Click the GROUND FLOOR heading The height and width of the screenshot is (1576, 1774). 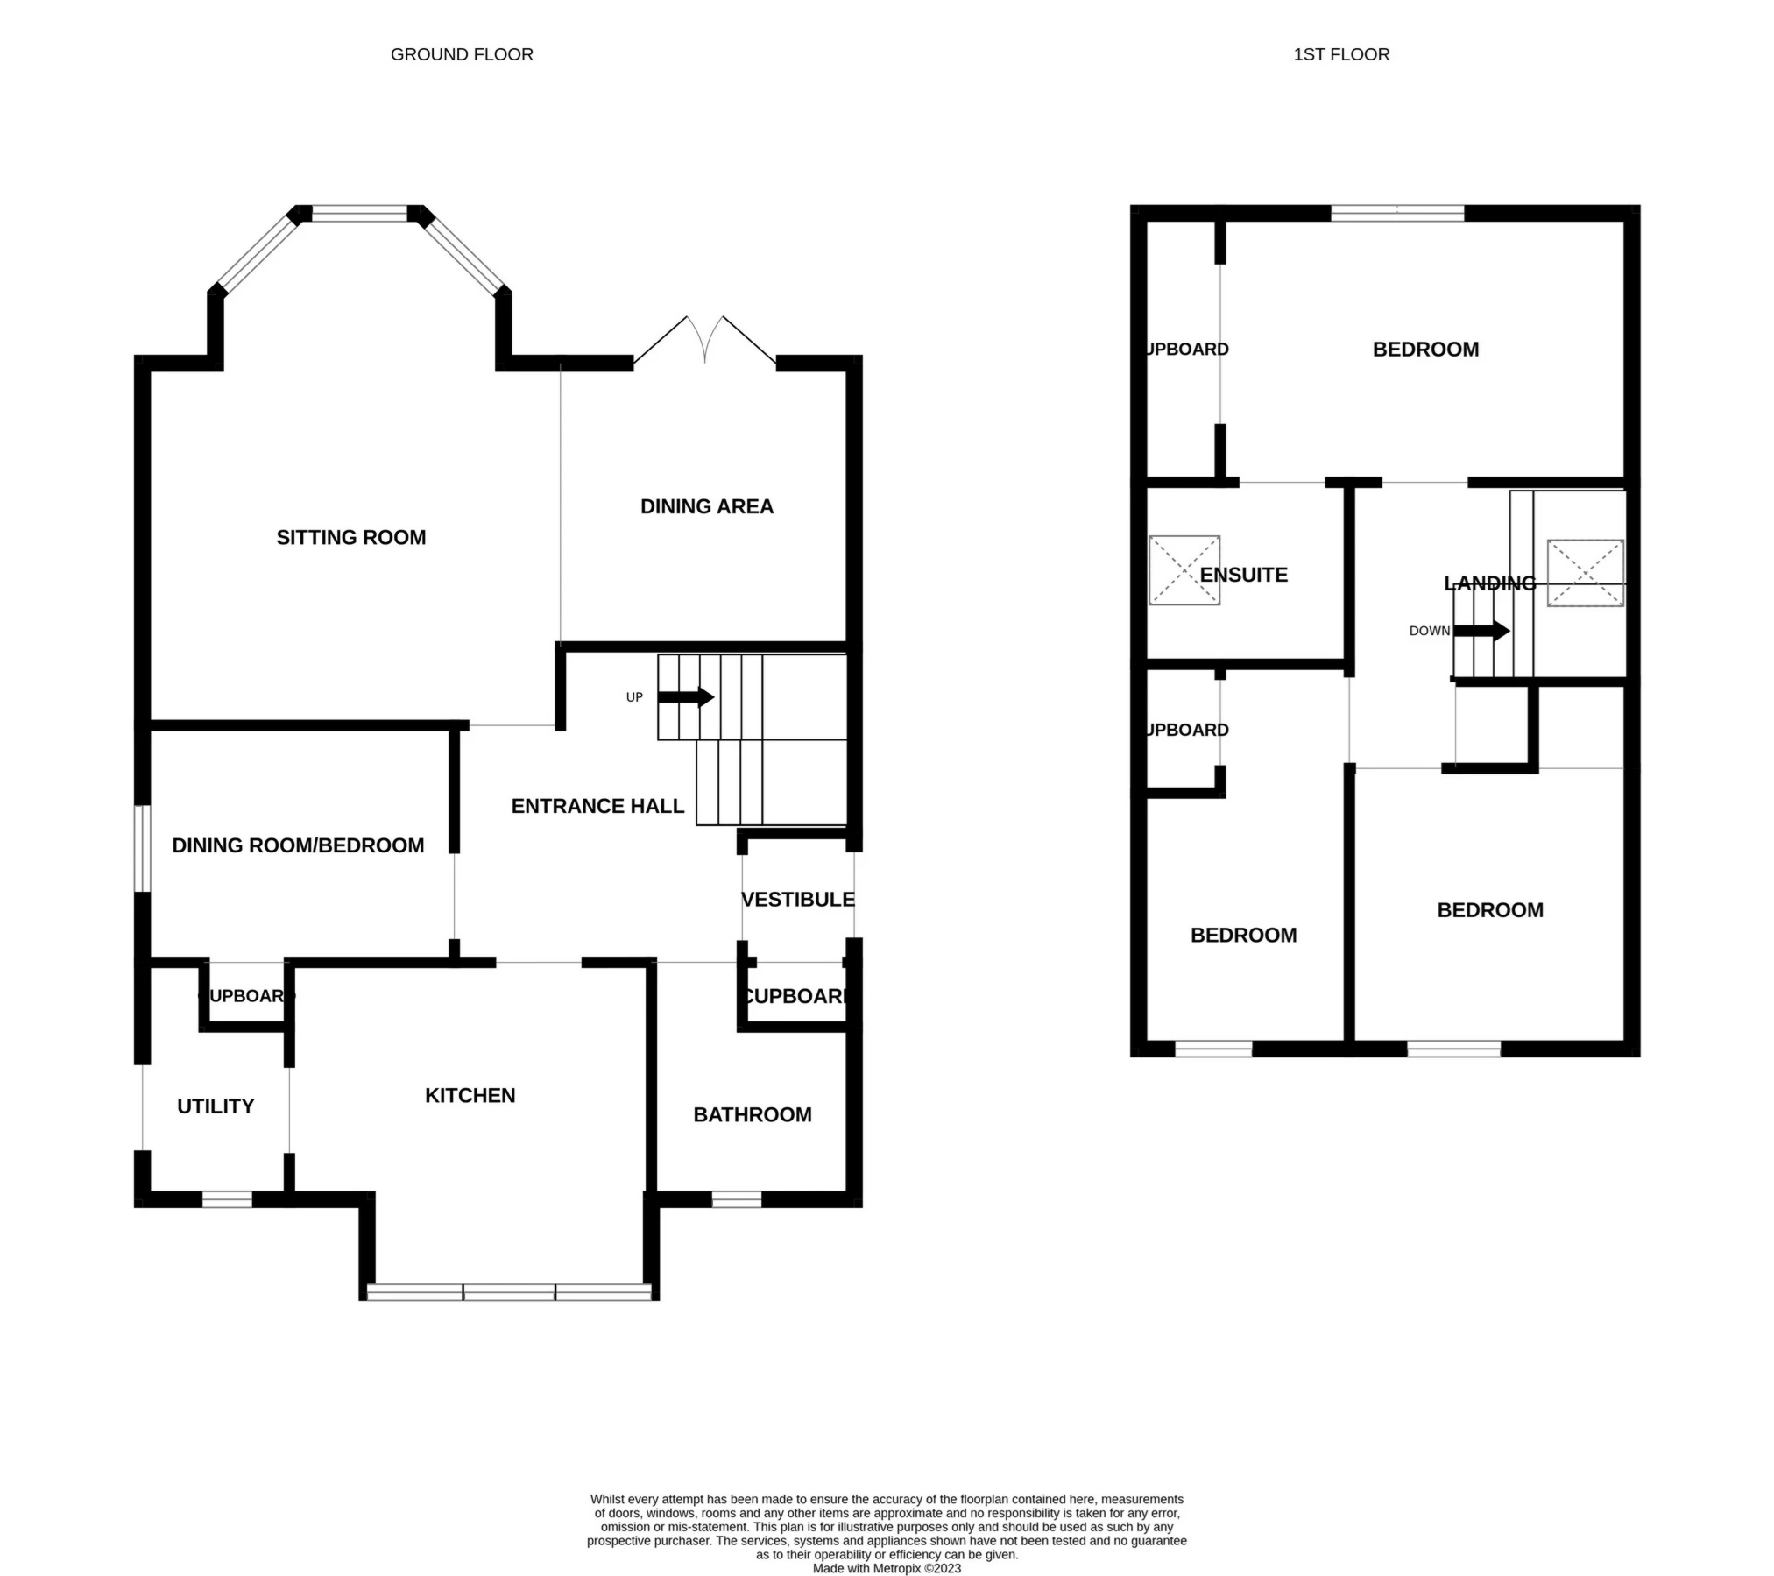[x=462, y=54]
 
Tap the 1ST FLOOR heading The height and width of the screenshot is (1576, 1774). [x=1340, y=54]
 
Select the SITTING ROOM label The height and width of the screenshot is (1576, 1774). [x=351, y=537]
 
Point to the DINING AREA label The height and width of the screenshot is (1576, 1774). [x=706, y=506]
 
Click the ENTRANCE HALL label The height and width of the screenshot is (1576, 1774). [x=597, y=806]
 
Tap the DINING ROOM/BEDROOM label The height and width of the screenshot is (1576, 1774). [x=298, y=845]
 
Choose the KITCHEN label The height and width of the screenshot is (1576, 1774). [x=470, y=1095]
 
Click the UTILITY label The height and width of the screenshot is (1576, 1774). [x=216, y=1106]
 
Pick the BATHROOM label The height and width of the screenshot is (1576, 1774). [x=752, y=1114]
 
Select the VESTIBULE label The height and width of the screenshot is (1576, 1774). [x=797, y=900]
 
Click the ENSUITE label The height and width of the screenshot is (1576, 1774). [x=1243, y=575]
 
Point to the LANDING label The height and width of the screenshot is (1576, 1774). [x=1489, y=583]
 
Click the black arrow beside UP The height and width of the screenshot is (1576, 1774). [x=686, y=697]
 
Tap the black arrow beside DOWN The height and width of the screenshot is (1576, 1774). [x=1481, y=631]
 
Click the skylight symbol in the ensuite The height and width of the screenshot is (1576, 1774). [x=1184, y=570]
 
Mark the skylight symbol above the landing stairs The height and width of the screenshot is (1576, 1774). [x=1585, y=573]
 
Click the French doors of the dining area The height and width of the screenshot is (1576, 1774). [x=704, y=342]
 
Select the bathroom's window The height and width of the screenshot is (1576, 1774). [x=736, y=1199]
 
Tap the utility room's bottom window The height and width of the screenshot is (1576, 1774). [x=227, y=1199]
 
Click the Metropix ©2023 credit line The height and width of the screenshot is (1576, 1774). [x=887, y=1568]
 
